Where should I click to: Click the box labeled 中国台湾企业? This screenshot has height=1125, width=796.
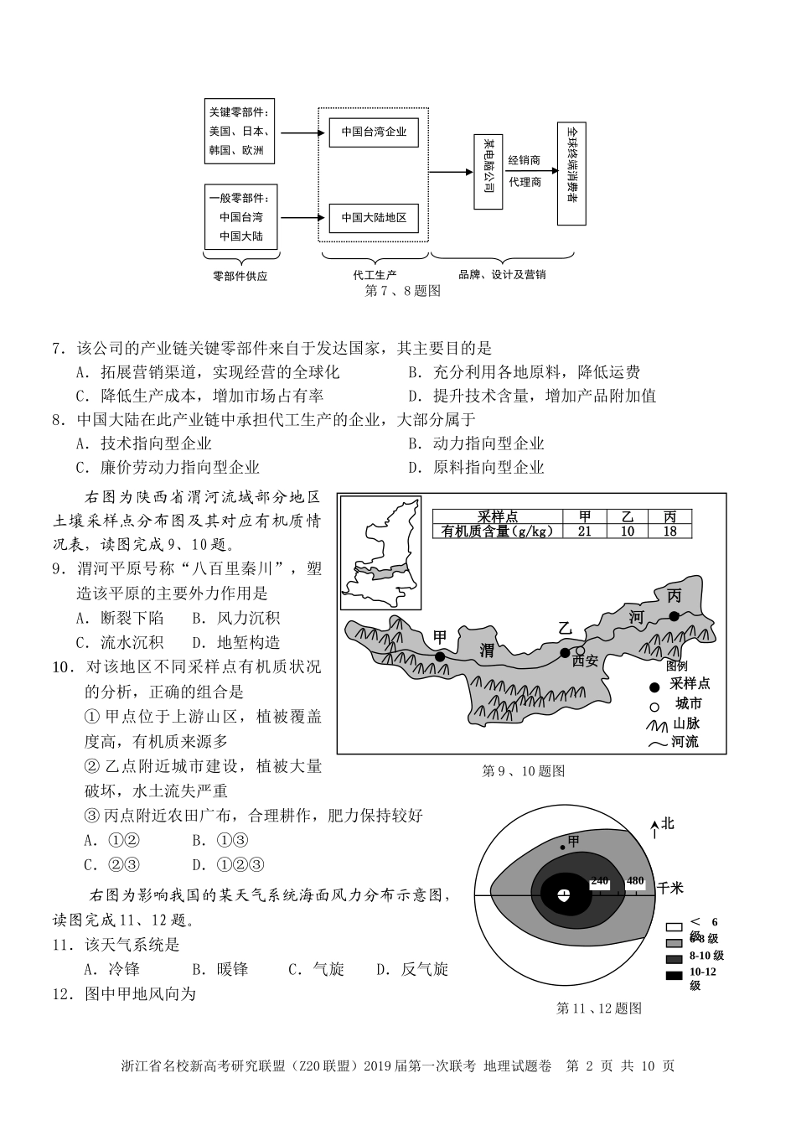(x=373, y=132)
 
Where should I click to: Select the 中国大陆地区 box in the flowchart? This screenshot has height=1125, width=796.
(x=373, y=218)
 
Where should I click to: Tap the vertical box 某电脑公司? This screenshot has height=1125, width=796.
(x=486, y=172)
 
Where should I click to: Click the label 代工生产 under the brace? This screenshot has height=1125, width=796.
(x=375, y=274)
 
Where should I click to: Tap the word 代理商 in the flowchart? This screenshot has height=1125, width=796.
(x=525, y=182)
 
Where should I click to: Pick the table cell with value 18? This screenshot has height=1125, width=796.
(x=669, y=531)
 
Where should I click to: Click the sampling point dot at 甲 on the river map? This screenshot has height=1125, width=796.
(x=440, y=656)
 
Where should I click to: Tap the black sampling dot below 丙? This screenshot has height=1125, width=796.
(x=675, y=616)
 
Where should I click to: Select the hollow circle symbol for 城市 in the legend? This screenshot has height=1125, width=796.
(x=654, y=703)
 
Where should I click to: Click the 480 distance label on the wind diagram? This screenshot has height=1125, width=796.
(x=635, y=880)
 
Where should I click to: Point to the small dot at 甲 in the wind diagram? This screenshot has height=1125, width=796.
(x=564, y=848)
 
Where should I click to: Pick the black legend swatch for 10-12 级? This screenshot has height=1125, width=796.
(x=674, y=974)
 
